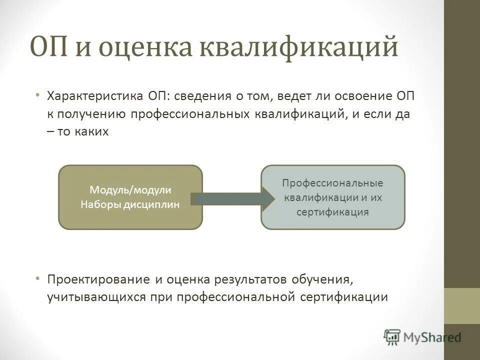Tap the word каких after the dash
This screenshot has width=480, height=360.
(92, 132)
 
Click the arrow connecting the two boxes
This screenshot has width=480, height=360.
(232, 198)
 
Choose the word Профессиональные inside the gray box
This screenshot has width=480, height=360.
(332, 183)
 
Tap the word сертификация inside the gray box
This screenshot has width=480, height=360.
(332, 211)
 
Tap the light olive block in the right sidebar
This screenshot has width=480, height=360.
(461, 306)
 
